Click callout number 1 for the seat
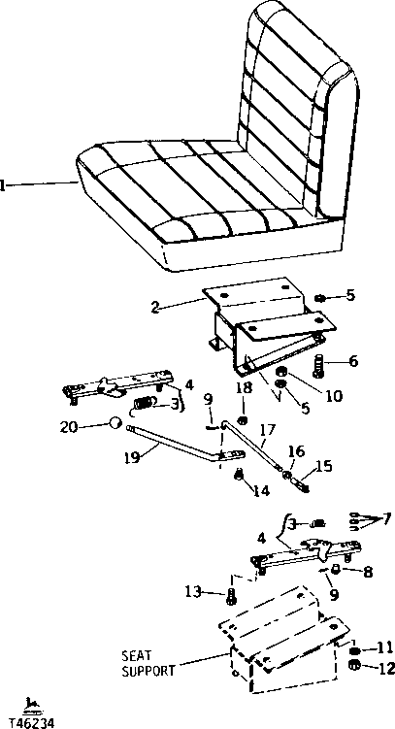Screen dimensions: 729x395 click(x=5, y=182)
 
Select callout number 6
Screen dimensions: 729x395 click(x=352, y=361)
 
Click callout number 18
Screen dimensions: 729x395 click(x=243, y=389)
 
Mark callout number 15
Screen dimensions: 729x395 click(x=324, y=466)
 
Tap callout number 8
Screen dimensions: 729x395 click(x=366, y=572)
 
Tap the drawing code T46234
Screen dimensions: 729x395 click(x=30, y=722)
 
